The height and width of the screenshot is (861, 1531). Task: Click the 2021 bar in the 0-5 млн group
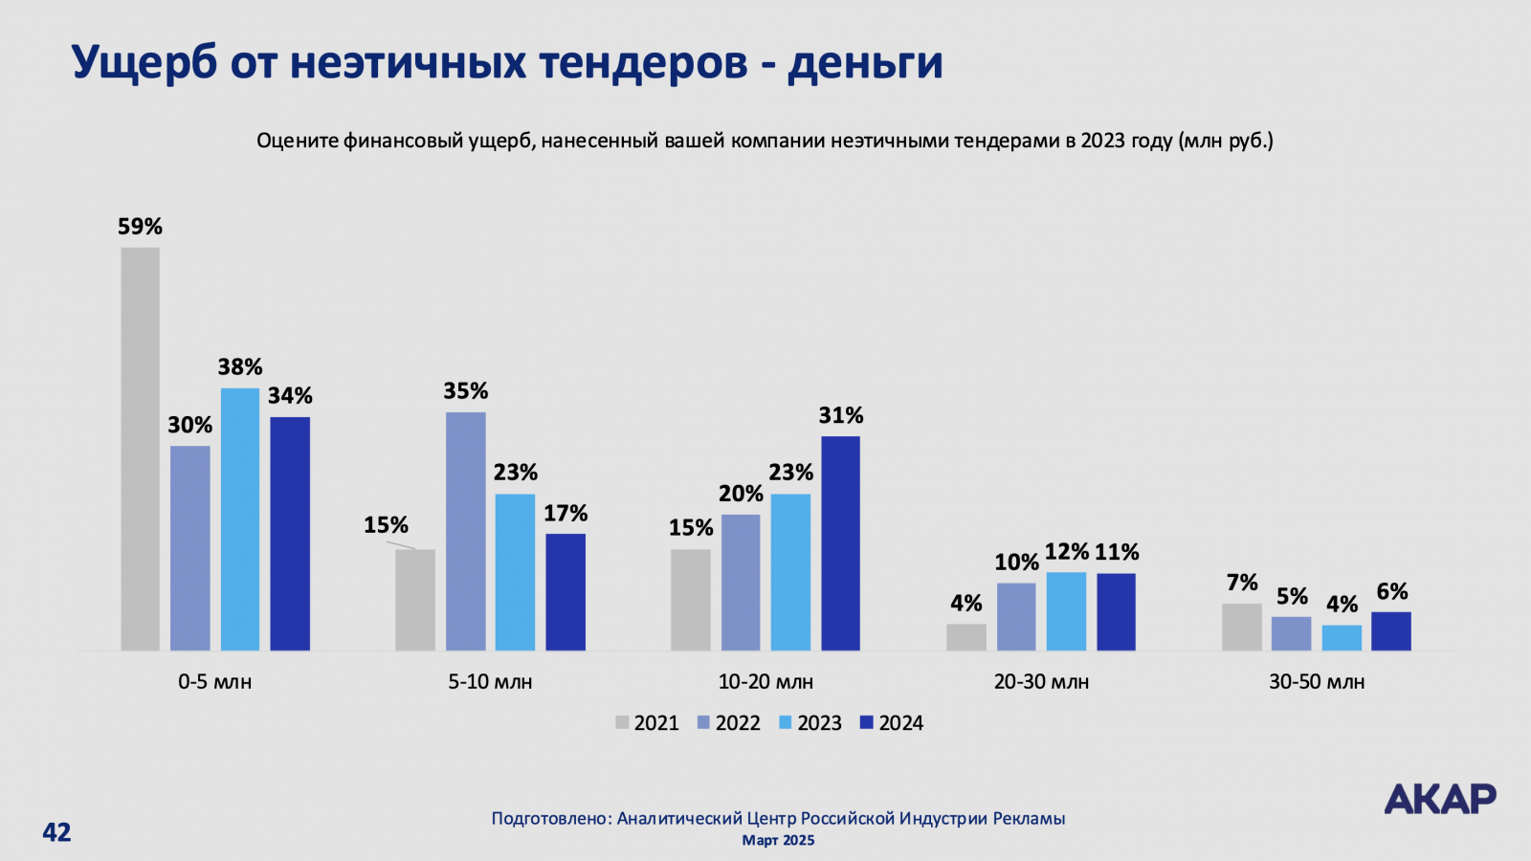coord(140,449)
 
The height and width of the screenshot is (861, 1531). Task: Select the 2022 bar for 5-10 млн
coord(465,531)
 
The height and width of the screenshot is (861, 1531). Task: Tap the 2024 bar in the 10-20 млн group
coord(840,543)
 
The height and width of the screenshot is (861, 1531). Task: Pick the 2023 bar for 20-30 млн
coord(1066,611)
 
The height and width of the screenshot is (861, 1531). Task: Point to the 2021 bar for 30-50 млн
coord(1241,627)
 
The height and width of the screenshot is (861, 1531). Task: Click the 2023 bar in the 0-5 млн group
coord(240,519)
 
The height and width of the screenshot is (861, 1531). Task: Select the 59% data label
coord(140,227)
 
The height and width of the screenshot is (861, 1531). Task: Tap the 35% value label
coord(465,391)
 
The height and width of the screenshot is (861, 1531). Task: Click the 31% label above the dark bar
coord(840,415)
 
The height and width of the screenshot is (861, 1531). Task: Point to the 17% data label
coord(566,514)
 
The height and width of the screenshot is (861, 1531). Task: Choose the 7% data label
coord(1241,583)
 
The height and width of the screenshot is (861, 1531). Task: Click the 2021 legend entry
coord(647,723)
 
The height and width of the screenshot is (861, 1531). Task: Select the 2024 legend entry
coord(892,723)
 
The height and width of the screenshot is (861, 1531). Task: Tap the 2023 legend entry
coord(810,723)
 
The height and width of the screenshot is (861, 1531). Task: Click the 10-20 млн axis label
coord(765,682)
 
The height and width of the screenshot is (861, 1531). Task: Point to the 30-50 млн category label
coord(1317,682)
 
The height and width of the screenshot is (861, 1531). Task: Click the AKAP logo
coord(1439,799)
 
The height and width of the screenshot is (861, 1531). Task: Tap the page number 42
coord(56,832)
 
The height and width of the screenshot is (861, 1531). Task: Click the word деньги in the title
coord(865,63)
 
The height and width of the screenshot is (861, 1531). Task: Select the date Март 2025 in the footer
coord(778,840)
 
